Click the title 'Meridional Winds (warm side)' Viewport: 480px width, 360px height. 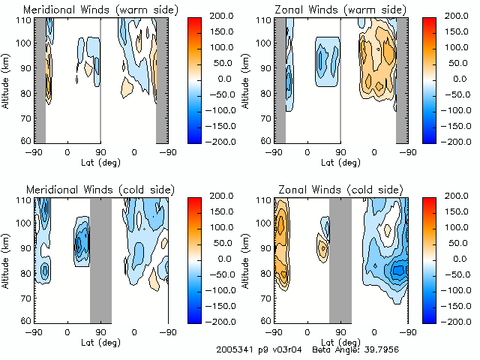91,10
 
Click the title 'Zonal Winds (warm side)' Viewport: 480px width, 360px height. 331,10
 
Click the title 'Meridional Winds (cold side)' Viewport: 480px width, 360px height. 89,190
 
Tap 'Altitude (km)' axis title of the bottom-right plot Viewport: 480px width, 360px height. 246,259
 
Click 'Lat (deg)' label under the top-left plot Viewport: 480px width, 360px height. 100,162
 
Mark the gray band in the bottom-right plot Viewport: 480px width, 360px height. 340,259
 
